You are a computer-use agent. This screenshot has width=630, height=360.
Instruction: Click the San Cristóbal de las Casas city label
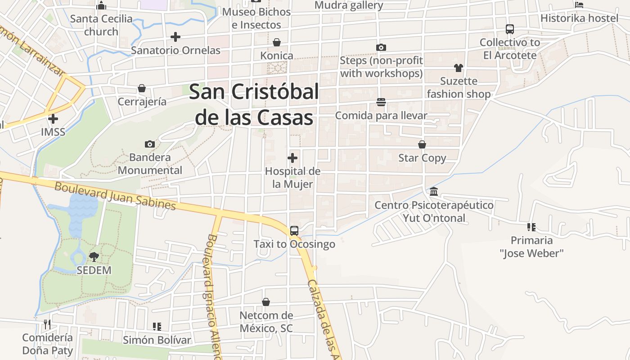coord(254,104)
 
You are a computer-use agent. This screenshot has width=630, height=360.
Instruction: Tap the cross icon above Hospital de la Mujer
coord(292,158)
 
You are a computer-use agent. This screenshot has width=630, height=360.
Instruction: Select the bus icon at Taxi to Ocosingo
coord(294,231)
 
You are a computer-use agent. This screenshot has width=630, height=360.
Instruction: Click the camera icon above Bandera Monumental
coord(150,144)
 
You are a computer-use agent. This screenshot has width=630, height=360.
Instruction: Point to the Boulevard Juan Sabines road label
coord(115,196)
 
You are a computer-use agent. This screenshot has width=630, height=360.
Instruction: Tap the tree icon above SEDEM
coord(94,257)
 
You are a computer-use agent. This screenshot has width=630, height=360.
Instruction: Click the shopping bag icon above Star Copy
coord(422,144)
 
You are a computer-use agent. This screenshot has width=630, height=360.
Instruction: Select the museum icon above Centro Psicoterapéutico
coord(434,192)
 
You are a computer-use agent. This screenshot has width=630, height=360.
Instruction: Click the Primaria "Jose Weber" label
coord(531,247)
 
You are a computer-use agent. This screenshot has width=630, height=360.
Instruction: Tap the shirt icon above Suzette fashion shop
coord(459,68)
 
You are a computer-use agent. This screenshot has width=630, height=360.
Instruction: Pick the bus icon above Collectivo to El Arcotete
coord(510,29)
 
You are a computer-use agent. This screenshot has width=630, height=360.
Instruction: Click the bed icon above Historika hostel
coord(579,5)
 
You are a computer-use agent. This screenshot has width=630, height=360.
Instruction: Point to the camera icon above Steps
coord(381,47)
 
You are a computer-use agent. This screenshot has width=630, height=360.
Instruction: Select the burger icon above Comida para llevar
coord(381,103)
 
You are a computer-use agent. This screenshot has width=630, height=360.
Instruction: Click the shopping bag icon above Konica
coord(277,42)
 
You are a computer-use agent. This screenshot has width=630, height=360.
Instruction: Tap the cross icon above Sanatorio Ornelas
coord(175,37)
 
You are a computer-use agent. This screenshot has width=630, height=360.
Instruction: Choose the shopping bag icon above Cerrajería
coord(142,88)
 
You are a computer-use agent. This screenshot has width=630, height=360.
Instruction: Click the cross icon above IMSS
coord(53,119)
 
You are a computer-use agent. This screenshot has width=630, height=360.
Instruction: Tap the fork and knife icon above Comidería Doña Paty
coord(47,324)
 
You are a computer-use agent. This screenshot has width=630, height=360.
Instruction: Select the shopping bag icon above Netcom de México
coord(266,302)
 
